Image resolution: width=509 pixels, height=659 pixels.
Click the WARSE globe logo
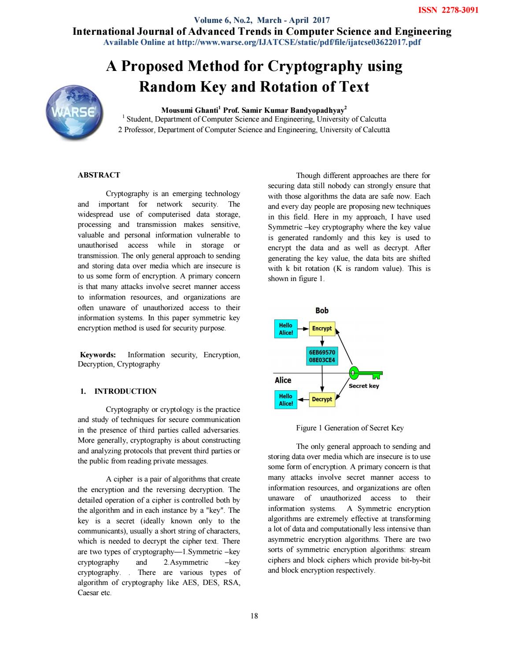[74, 112]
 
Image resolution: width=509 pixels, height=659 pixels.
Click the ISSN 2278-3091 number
[447, 10]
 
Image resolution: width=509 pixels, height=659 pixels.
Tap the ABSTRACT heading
[99, 175]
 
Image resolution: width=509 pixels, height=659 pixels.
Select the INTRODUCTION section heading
[125, 391]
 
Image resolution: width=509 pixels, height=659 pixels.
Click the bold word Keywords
[98, 355]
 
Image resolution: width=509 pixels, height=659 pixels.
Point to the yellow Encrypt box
[322, 329]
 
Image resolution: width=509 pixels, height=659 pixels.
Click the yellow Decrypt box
[322, 400]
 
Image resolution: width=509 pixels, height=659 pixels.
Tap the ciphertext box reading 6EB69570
[322, 356]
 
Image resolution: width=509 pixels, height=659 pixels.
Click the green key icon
[365, 374]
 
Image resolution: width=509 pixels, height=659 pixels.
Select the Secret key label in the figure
[364, 386]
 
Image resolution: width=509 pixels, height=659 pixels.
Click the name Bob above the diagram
[322, 311]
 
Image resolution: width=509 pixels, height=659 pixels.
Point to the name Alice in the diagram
[283, 380]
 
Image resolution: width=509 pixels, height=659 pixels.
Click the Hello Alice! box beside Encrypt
[286, 329]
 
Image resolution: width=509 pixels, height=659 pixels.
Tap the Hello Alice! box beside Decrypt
[286, 400]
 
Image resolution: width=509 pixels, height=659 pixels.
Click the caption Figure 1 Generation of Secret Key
[350, 428]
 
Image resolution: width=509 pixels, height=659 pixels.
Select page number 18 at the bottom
[254, 616]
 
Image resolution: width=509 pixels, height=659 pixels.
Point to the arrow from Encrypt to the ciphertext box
[322, 342]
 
